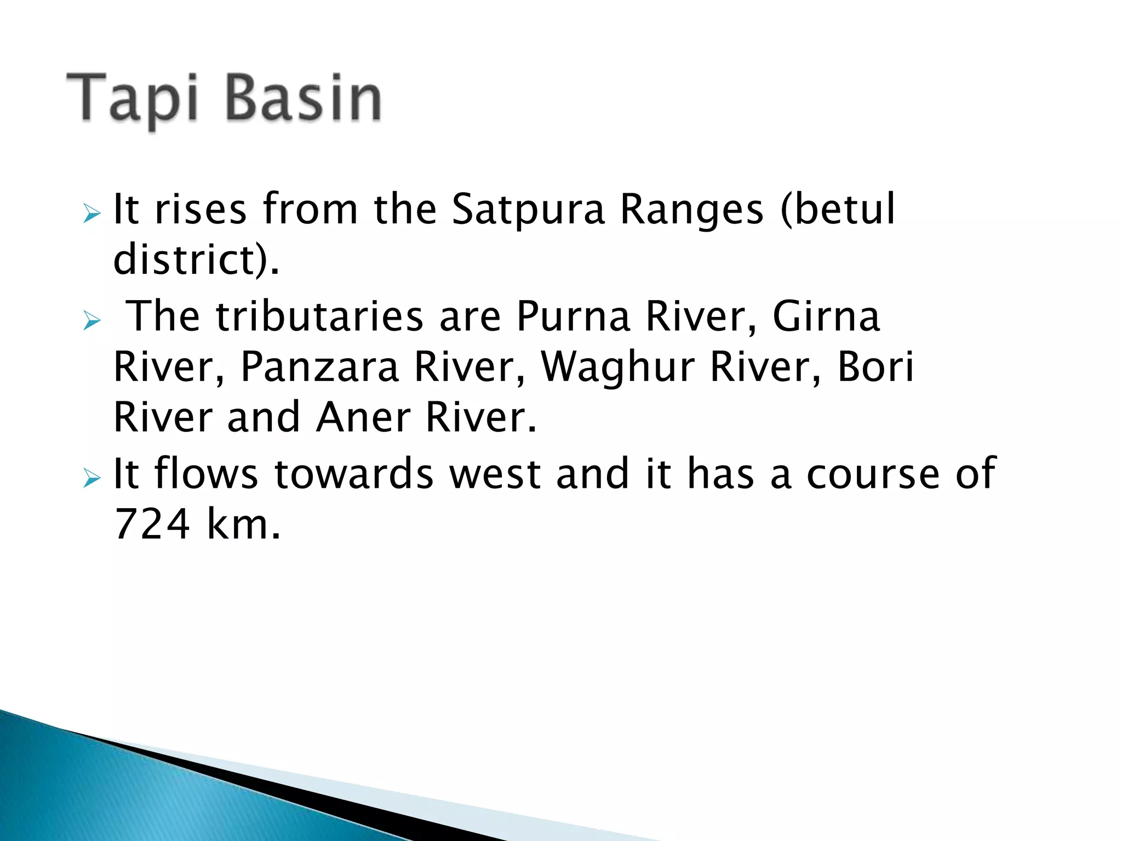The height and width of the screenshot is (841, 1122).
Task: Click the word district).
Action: [196, 260]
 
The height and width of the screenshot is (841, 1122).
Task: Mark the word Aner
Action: [363, 417]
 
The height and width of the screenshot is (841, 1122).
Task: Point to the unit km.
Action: [243, 525]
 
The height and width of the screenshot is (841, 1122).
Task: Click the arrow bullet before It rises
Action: [92, 214]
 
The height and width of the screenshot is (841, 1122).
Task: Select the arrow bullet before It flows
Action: [92, 478]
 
